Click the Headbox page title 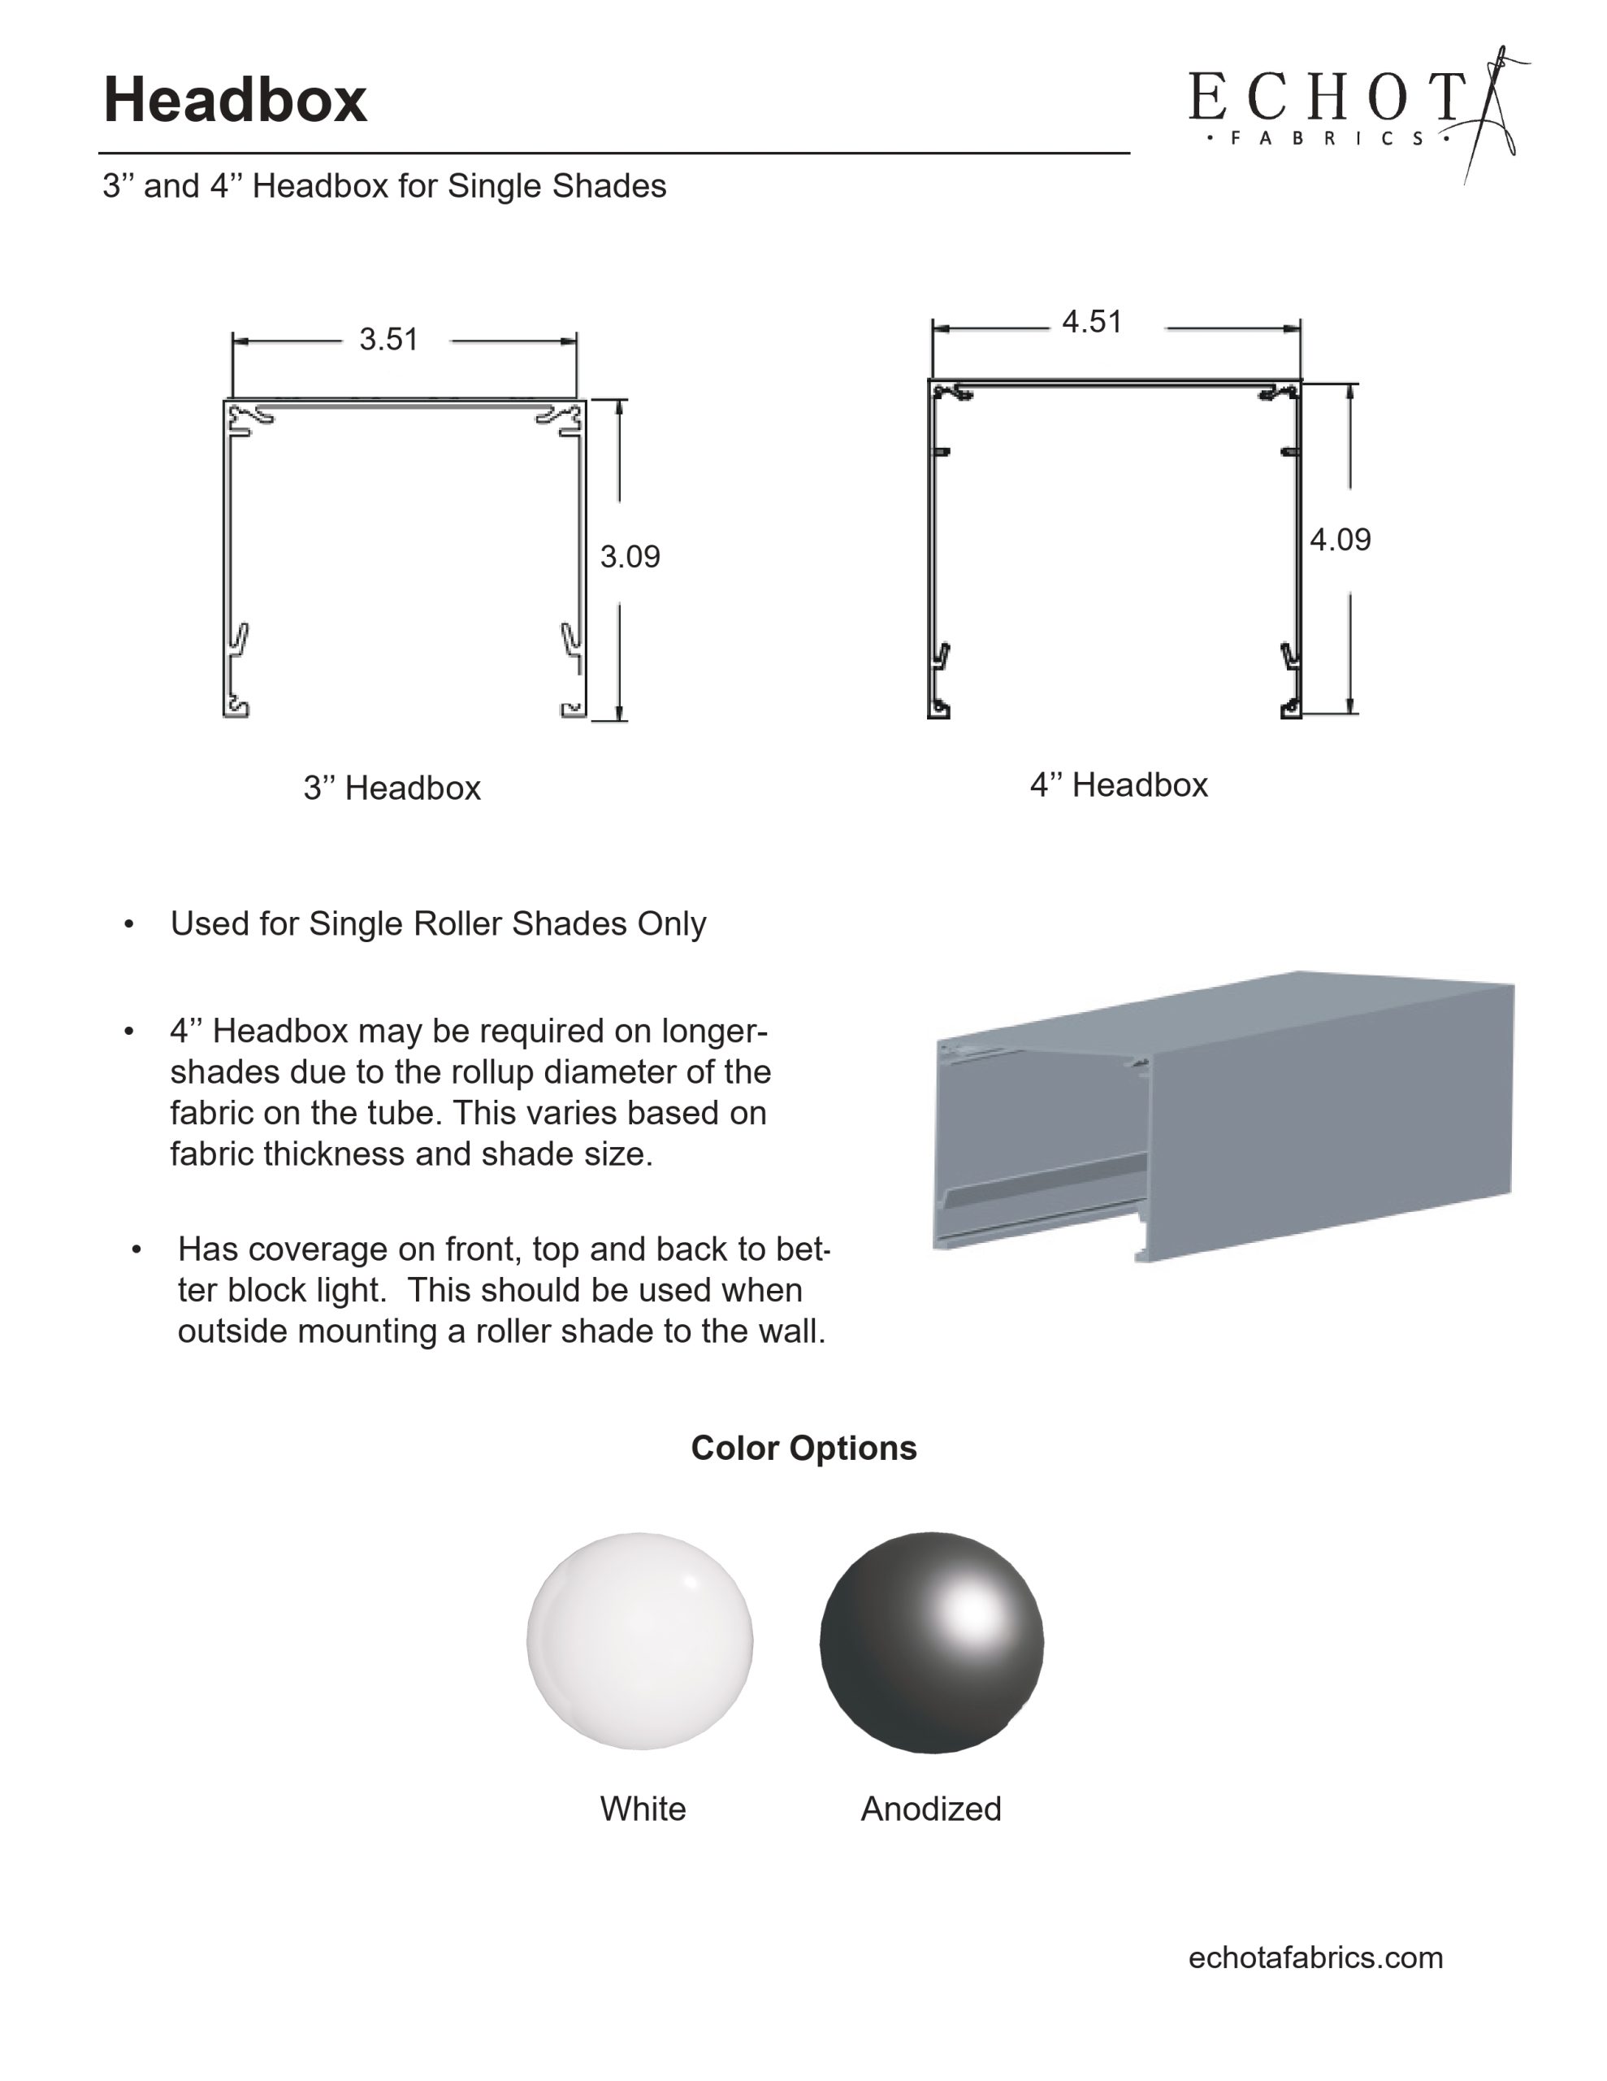click(234, 99)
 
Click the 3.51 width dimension click(388, 339)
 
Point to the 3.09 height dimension click(630, 557)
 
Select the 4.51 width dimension click(1092, 322)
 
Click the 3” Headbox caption click(392, 788)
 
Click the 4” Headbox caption click(1119, 785)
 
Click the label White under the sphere click(642, 1809)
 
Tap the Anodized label click(931, 1809)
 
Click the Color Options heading click(803, 1449)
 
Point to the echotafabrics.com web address click(1315, 1957)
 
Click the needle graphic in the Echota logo click(1491, 115)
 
